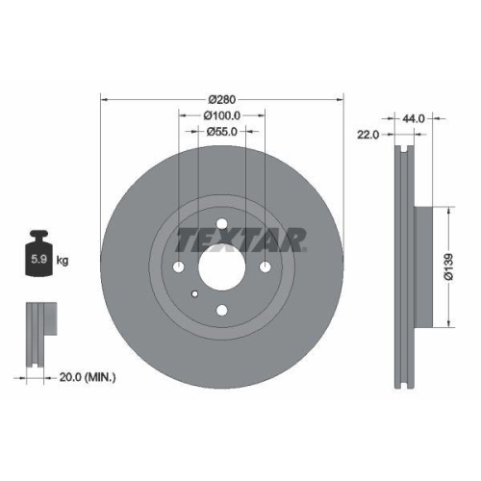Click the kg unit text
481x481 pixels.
pyautogui.click(x=63, y=260)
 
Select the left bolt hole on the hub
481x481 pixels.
pyautogui.click(x=179, y=266)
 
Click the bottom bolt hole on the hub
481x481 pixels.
pyautogui.click(x=222, y=309)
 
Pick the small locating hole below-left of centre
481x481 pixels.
pyautogui.click(x=195, y=293)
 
